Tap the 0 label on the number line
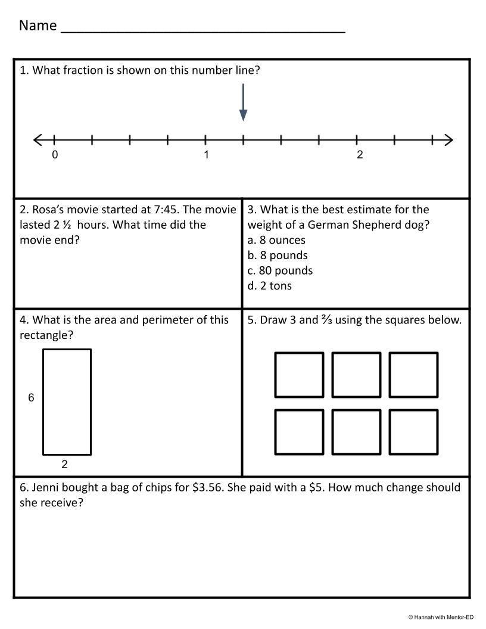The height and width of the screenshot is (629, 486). point(55,155)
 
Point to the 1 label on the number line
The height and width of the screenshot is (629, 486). point(206,155)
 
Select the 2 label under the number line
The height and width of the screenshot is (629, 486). point(360,155)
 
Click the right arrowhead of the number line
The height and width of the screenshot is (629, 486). point(448,140)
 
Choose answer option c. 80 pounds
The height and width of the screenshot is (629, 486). point(280,270)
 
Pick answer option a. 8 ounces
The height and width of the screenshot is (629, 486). point(276,240)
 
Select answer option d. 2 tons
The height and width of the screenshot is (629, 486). point(269,285)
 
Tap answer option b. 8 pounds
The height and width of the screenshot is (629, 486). point(278,255)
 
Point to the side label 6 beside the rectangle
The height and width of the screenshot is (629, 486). point(32,397)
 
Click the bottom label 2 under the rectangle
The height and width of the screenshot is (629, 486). point(65,464)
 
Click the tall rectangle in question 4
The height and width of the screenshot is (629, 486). point(67,401)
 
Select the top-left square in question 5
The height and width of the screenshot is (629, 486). point(299,375)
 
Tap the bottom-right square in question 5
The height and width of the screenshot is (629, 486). point(414,431)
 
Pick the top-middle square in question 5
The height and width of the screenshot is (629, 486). point(356,375)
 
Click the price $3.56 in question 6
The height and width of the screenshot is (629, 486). point(208,487)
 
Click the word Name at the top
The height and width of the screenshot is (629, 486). point(38,25)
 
